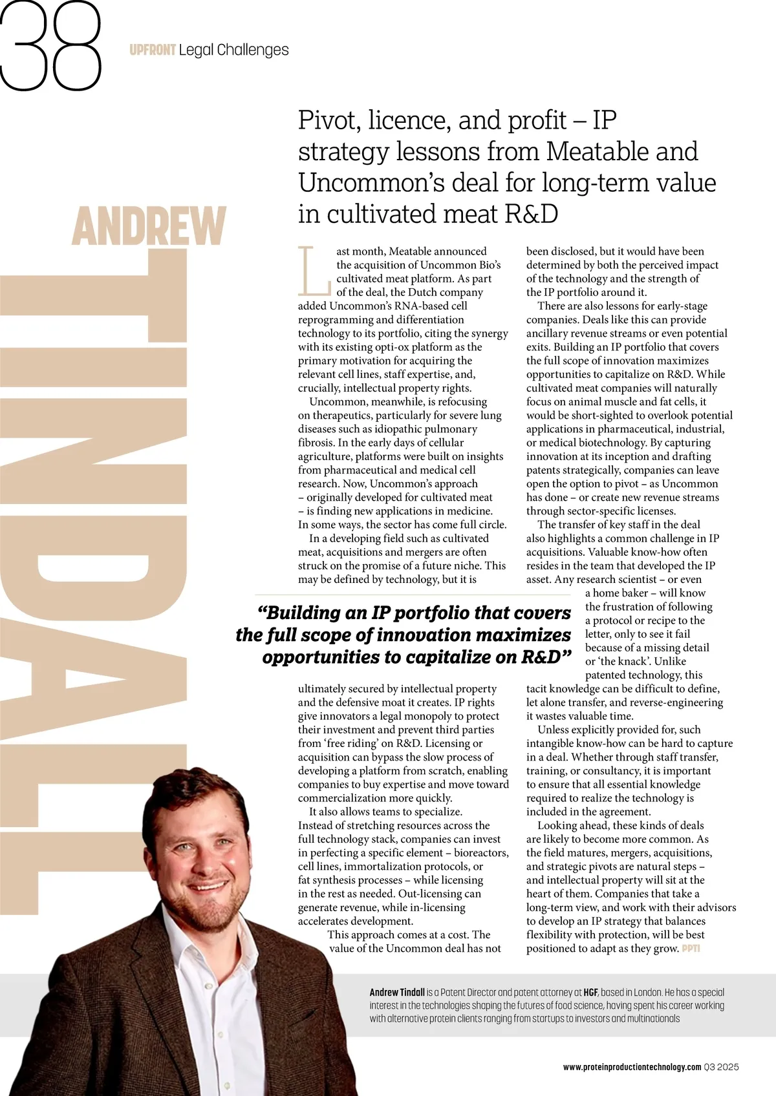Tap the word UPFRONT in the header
(x=152, y=50)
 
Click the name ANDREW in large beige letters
(x=149, y=226)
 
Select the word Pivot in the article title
(x=328, y=120)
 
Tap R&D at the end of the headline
(x=530, y=214)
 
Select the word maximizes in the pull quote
(x=522, y=635)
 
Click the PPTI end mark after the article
(x=691, y=949)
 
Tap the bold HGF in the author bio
(x=590, y=992)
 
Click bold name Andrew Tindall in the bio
(x=397, y=992)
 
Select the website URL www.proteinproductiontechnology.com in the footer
(x=632, y=1067)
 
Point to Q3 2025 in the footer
(x=722, y=1067)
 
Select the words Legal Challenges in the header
(x=233, y=50)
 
